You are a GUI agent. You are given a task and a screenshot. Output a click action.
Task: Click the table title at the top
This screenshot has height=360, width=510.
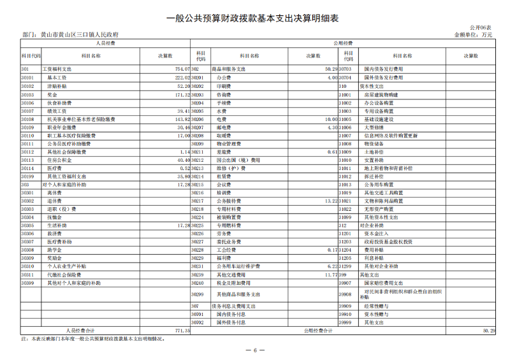[255, 18]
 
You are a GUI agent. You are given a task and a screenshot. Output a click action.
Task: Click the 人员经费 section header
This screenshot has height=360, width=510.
[105, 43]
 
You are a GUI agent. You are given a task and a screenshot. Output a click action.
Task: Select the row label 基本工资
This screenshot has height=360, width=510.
[57, 76]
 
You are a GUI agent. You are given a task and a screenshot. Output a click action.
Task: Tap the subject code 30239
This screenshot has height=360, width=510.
[198, 275]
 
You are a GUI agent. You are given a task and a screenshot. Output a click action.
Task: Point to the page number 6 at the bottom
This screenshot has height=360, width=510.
[255, 351]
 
